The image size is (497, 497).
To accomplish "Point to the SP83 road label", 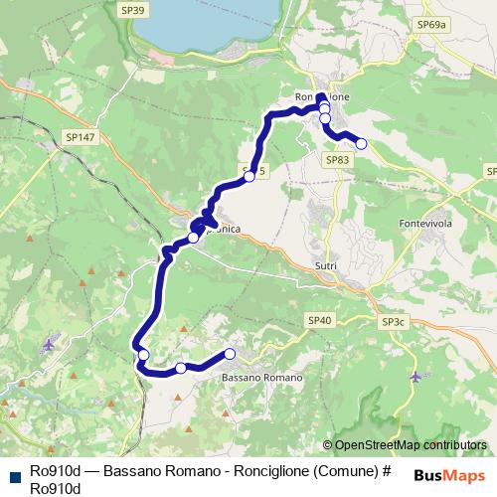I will [x=337, y=159].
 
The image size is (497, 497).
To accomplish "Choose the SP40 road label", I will [x=319, y=320].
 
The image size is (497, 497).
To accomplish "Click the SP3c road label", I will [x=394, y=322].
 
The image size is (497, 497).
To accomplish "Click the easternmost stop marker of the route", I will [x=361, y=144].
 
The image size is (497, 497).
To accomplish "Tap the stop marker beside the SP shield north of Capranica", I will [x=249, y=177].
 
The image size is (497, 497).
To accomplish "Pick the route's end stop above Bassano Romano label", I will [x=230, y=354].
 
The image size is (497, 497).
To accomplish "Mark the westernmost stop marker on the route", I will [x=143, y=355].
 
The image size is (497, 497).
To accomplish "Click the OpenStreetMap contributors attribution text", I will [x=411, y=445].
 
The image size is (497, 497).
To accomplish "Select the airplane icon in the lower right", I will [x=415, y=377].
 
